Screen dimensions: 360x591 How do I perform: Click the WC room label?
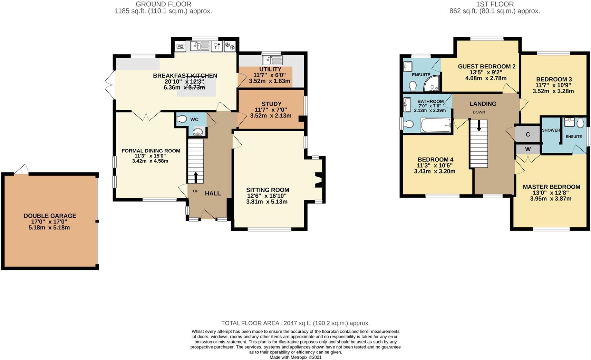(194, 120)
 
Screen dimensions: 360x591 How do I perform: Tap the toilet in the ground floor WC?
(181, 119)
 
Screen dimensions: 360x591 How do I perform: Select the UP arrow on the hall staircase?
(196, 177)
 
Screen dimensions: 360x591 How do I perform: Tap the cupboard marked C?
(527, 134)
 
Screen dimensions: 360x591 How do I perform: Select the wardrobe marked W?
(527, 149)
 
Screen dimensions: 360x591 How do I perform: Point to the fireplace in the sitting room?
(318, 180)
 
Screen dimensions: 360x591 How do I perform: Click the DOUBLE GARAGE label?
(50, 216)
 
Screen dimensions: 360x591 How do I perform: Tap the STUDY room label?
(271, 104)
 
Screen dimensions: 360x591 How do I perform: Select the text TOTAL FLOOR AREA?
(250, 323)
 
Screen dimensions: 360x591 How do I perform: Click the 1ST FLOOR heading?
(495, 4)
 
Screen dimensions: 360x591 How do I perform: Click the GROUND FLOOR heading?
(163, 4)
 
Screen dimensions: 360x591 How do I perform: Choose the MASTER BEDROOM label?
(551, 187)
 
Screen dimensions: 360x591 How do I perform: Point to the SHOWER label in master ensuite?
(551, 130)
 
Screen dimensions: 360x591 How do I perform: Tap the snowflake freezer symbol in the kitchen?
(230, 46)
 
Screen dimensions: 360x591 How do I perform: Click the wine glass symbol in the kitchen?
(216, 46)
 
